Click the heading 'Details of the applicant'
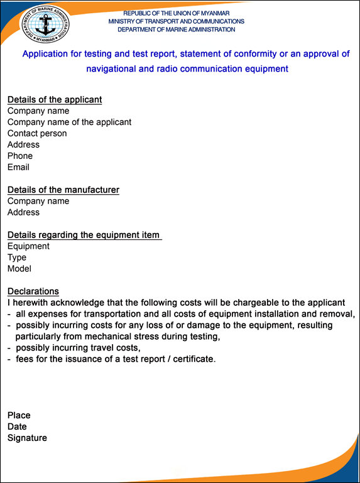click(55, 99)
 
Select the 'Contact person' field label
click(37, 133)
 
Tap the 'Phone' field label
click(20, 156)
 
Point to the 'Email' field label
click(18, 167)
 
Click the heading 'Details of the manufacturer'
click(63, 190)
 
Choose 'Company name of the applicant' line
click(69, 122)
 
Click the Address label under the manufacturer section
click(23, 212)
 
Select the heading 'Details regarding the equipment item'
click(84, 235)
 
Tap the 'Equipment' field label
click(28, 246)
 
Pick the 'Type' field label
click(17, 258)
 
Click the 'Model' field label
click(19, 269)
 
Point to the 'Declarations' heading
click(33, 291)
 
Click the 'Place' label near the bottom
click(19, 415)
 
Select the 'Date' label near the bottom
click(17, 426)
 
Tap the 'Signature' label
click(27, 438)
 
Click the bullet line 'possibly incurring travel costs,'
click(78, 348)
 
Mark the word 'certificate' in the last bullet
click(193, 359)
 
